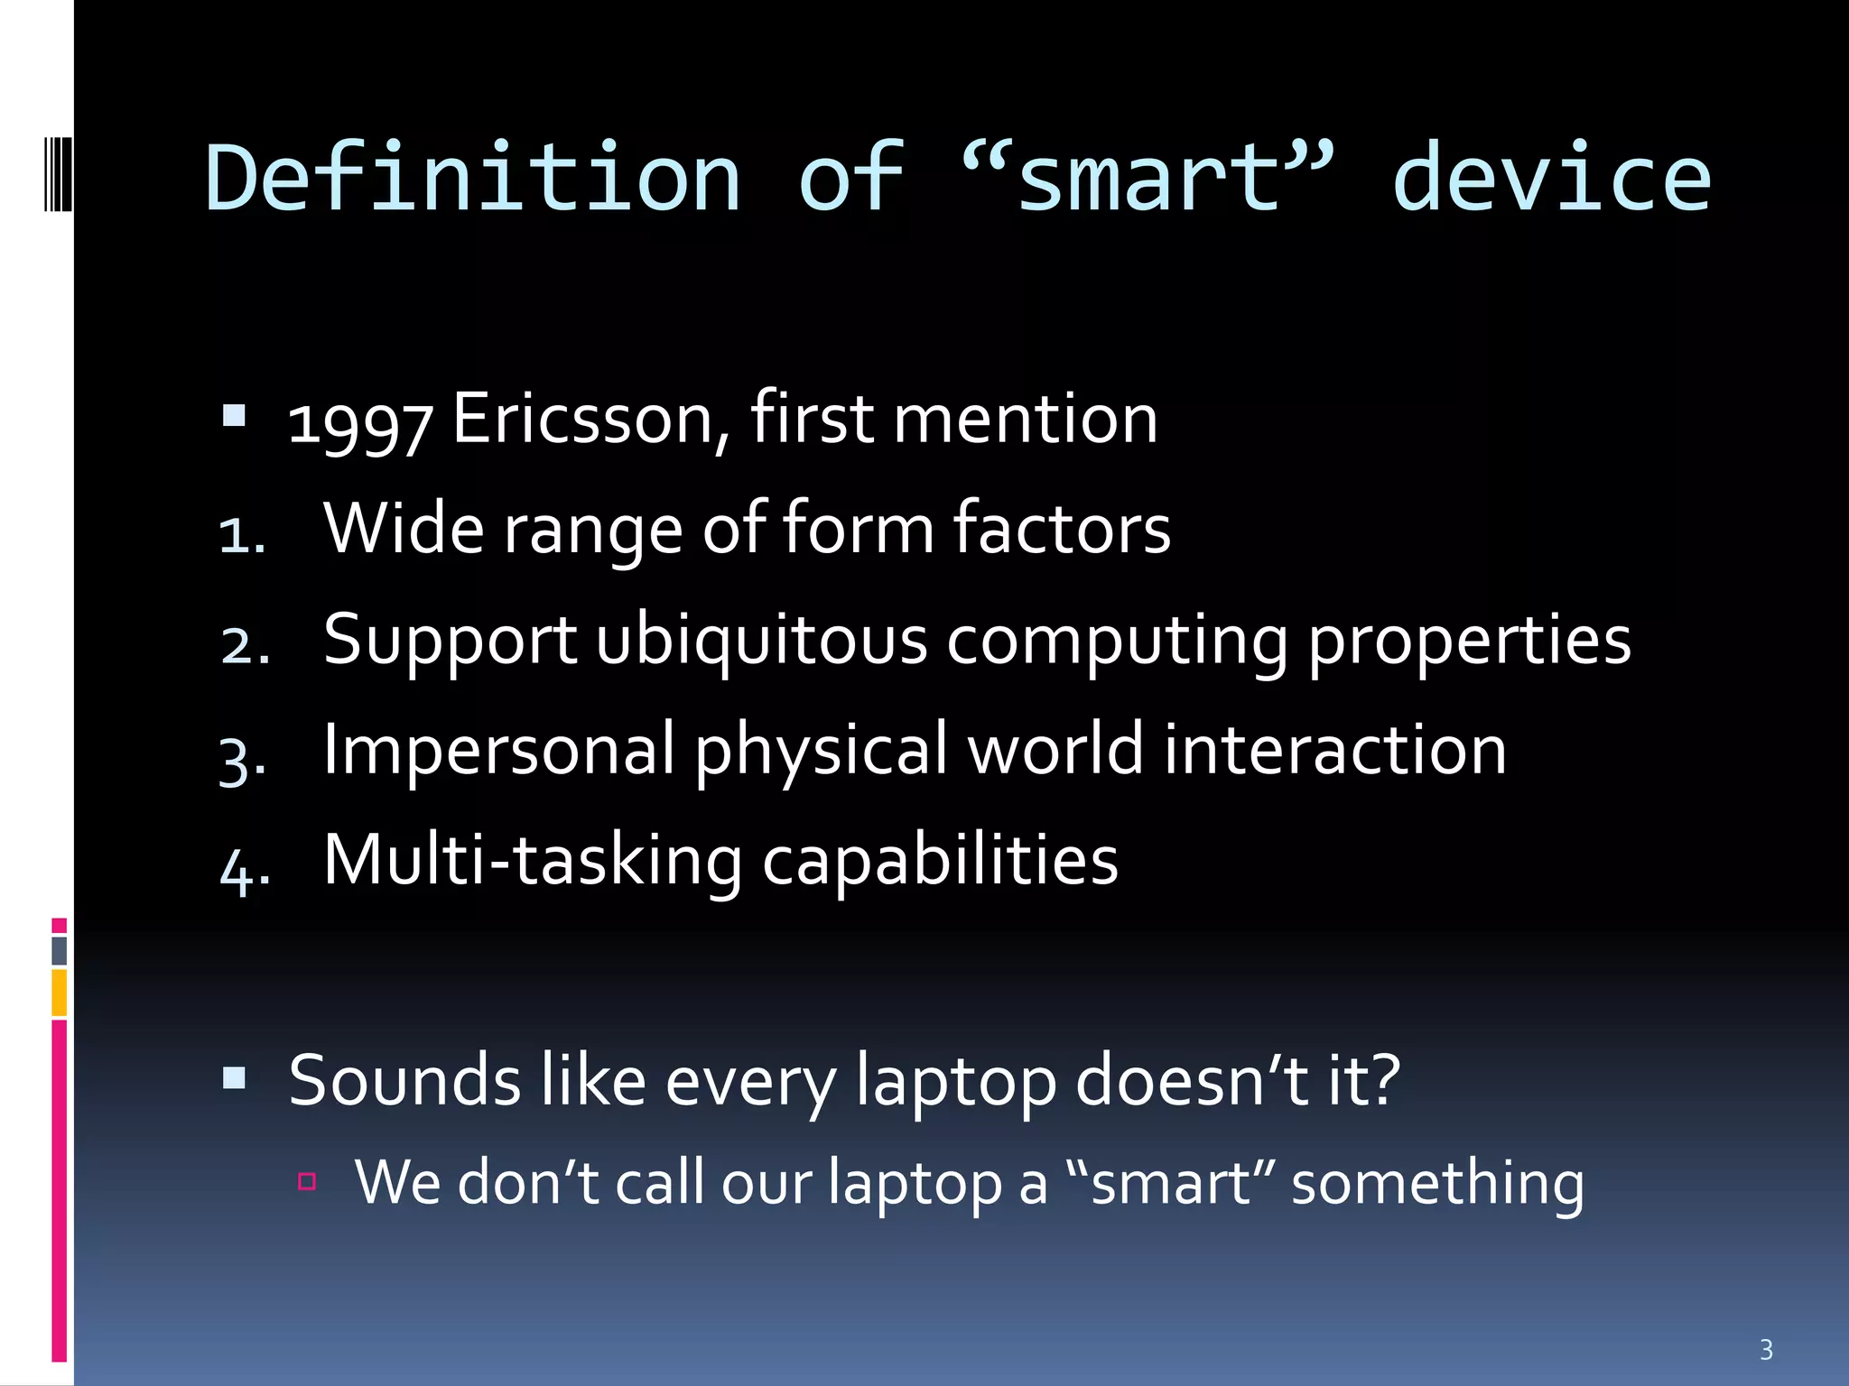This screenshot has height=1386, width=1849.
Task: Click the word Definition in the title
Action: coord(473,179)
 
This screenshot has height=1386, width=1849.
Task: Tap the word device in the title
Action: coord(1550,179)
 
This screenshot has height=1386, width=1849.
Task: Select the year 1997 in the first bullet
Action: coord(359,422)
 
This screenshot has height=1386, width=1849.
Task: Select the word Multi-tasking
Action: coord(533,861)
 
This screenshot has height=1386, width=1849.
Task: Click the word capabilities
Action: coord(940,861)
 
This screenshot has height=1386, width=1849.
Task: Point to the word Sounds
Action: coord(404,1080)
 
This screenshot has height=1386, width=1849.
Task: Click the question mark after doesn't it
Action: coord(1383,1078)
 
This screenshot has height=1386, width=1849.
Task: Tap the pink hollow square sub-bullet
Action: coord(307,1181)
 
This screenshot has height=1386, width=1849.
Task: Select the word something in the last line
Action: coord(1437,1183)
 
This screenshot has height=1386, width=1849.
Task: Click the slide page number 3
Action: coord(1766,1350)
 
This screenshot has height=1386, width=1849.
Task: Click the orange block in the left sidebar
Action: coord(59,993)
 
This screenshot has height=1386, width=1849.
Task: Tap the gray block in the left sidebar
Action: coord(59,950)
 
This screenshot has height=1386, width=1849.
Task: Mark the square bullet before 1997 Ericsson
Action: coord(234,415)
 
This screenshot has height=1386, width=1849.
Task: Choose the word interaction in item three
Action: coord(1334,750)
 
